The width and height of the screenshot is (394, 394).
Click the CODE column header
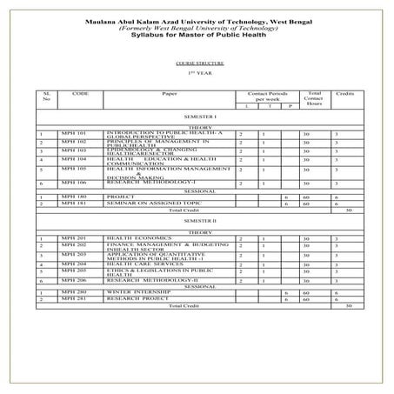tap(81, 92)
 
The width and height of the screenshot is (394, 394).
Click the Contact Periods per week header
tap(267, 95)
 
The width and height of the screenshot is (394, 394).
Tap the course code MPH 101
tap(75, 132)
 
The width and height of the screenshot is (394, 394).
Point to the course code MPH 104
tap(75, 159)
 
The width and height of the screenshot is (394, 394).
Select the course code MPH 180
tap(75, 197)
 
